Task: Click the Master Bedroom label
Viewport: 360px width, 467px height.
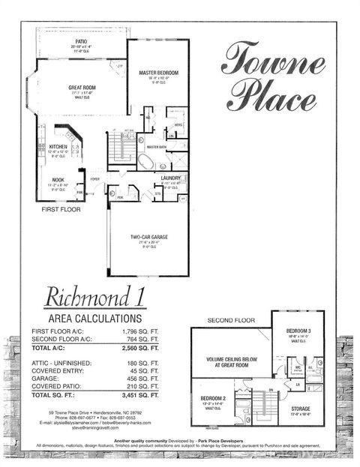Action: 158,73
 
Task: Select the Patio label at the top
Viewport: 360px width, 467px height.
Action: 81,41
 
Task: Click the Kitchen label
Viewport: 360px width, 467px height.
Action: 58,147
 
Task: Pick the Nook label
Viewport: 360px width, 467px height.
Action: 58,180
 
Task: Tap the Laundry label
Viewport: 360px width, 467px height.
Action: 171,177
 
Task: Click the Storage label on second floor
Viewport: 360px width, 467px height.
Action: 301,409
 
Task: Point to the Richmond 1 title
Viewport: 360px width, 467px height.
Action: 94,298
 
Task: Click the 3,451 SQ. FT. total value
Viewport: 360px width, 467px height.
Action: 139,394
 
